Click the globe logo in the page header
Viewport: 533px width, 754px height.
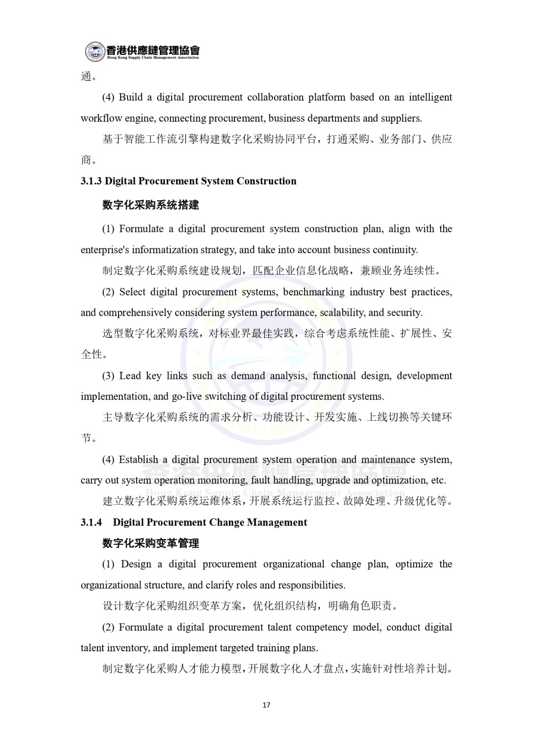click(95, 51)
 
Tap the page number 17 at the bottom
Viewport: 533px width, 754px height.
click(266, 705)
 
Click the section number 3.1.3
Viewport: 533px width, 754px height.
click(91, 181)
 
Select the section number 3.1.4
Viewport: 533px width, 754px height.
click(91, 523)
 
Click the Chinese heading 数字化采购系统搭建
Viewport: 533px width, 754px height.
click(151, 205)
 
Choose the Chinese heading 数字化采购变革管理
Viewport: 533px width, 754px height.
click(151, 543)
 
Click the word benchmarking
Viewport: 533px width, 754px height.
click(314, 292)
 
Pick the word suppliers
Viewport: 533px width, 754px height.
click(402, 118)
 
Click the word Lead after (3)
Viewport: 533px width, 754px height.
click(130, 376)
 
